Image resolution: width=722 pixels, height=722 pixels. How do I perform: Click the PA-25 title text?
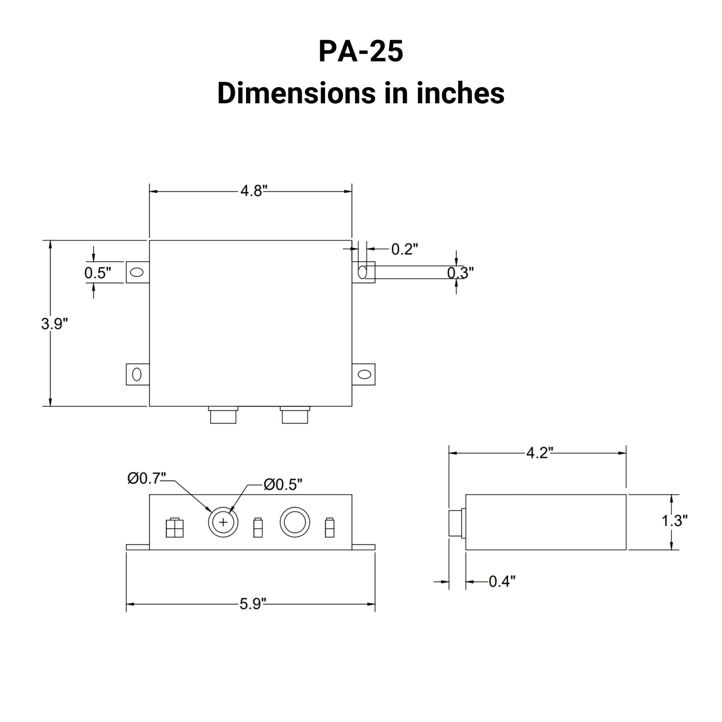(x=361, y=52)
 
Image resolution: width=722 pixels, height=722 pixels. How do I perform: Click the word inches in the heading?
(x=460, y=93)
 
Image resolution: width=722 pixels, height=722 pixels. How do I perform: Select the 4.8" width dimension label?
(x=254, y=191)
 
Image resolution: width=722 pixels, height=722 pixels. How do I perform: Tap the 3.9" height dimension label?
(x=55, y=324)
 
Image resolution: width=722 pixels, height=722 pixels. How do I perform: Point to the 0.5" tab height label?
(x=98, y=273)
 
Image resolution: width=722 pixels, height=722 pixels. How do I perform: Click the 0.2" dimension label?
(x=404, y=249)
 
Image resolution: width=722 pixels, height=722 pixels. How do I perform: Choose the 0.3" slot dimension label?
(x=460, y=273)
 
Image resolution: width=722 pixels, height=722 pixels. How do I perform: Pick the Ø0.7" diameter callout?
(x=146, y=478)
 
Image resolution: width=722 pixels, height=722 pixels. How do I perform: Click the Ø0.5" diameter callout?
(x=282, y=485)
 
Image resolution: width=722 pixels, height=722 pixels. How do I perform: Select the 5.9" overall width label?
(x=253, y=604)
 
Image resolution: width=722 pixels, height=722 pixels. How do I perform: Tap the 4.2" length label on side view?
(x=539, y=453)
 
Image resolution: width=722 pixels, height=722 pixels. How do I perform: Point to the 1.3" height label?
(x=675, y=521)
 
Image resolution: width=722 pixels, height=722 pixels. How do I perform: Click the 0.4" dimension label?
(x=502, y=581)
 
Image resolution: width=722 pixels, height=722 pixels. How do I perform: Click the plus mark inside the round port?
(x=223, y=522)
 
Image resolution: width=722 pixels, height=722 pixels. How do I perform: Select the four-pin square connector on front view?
(x=174, y=528)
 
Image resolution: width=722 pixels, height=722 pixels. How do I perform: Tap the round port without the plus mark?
(x=295, y=522)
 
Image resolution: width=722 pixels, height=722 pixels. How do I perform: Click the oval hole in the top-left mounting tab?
(x=137, y=272)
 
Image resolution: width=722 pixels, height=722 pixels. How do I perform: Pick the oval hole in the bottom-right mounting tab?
(x=364, y=374)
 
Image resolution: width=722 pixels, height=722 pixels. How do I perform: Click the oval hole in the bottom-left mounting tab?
(x=137, y=374)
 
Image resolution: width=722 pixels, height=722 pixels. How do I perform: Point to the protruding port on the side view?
(x=457, y=523)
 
